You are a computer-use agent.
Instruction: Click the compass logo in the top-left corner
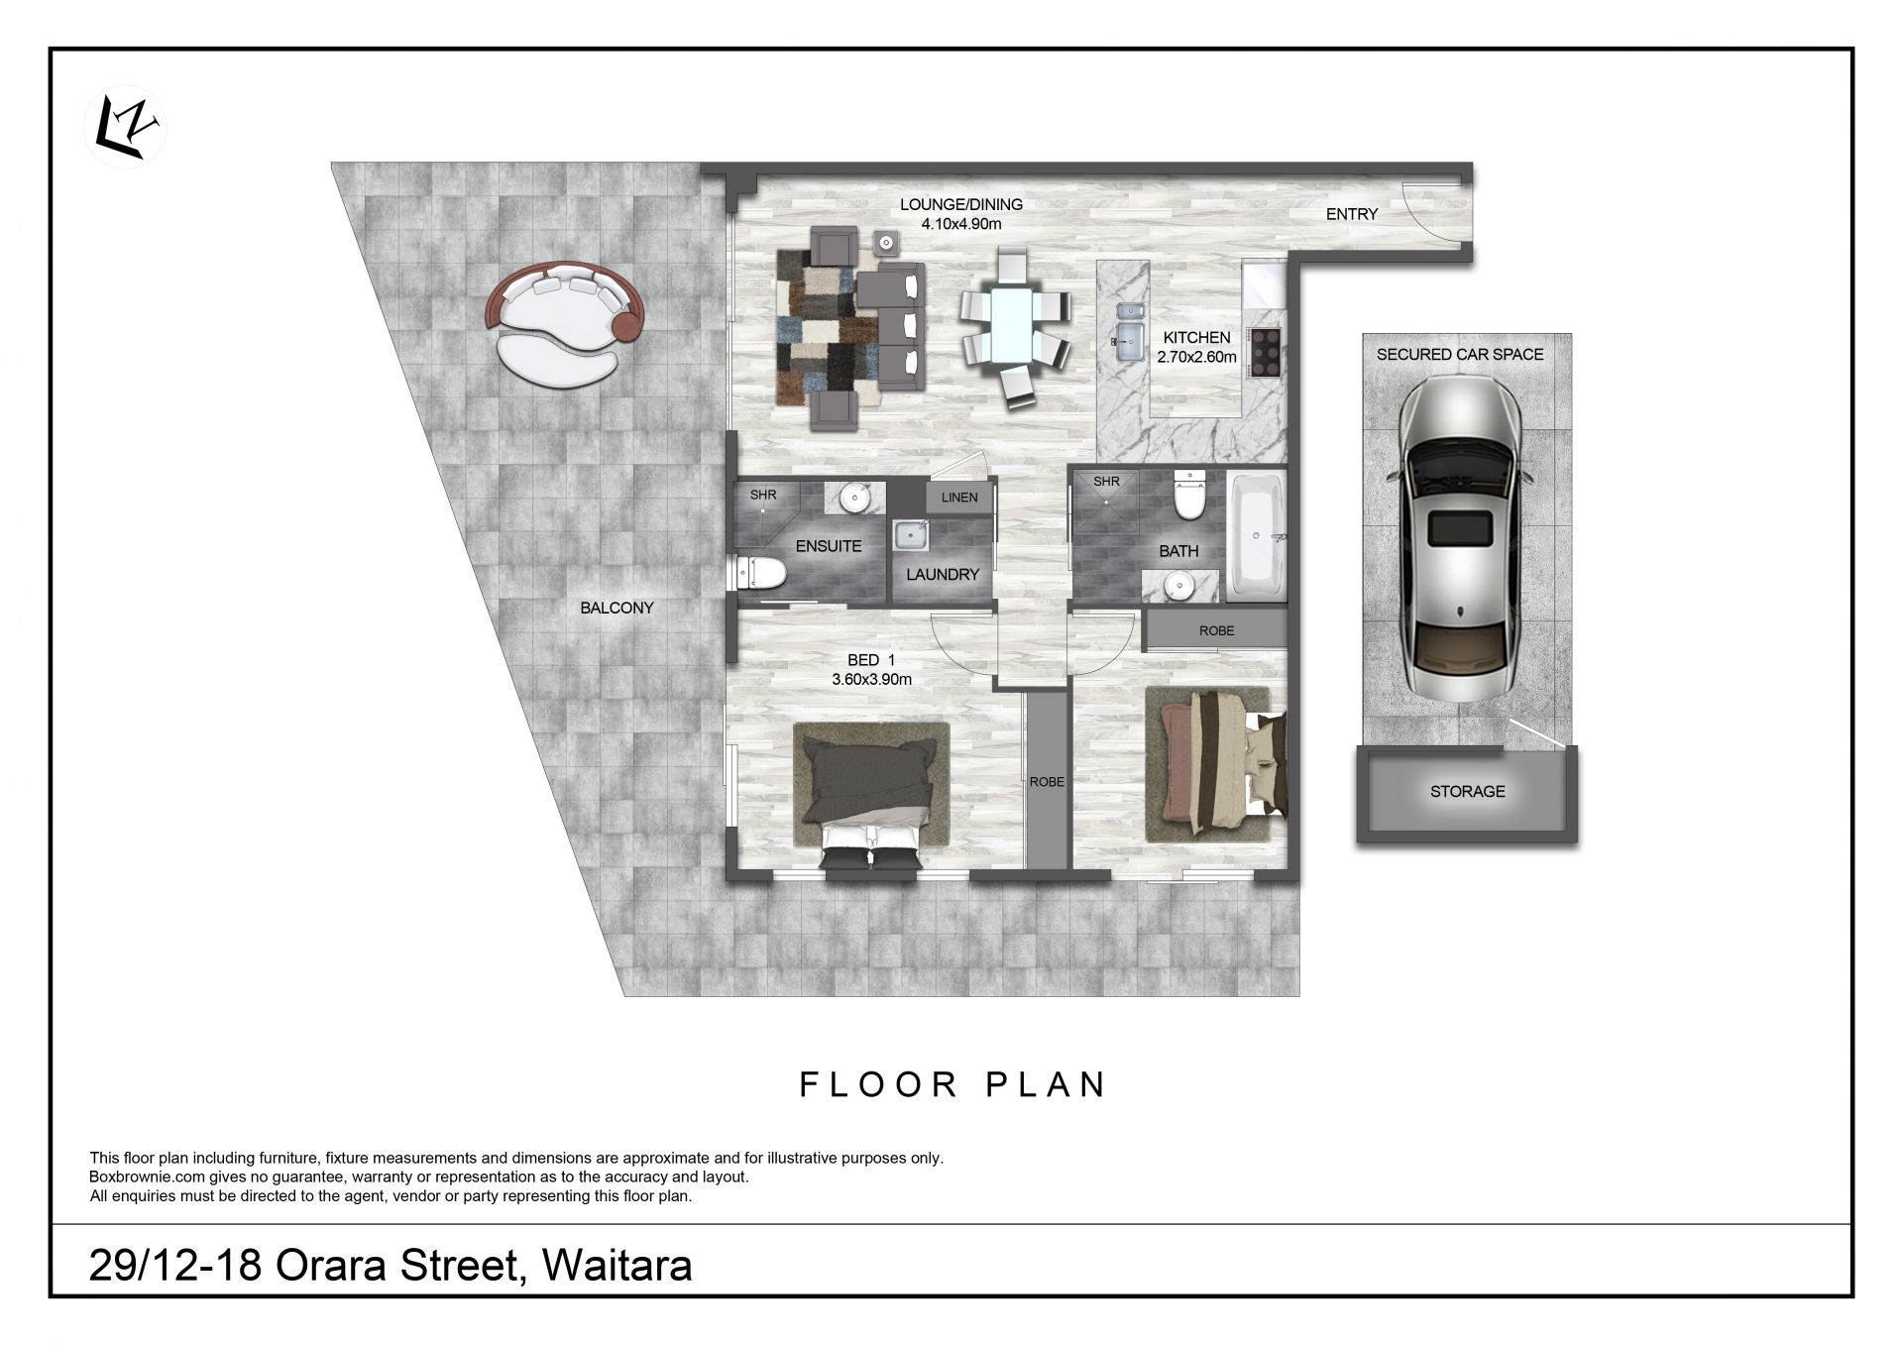point(126,128)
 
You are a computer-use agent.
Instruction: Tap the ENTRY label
point(1352,214)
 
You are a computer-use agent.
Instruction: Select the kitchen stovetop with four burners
point(1266,352)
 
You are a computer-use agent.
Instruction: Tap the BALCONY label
point(616,608)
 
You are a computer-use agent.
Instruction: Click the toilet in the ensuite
point(761,572)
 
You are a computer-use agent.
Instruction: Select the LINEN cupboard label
point(959,498)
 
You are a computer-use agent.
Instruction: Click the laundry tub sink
point(909,536)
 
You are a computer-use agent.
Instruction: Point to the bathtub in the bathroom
point(1256,536)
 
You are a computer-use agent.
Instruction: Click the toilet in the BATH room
point(1187,495)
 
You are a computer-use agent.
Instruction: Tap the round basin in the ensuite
point(854,497)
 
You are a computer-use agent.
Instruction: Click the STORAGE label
point(1467,791)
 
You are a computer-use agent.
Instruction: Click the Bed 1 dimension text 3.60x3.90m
point(871,679)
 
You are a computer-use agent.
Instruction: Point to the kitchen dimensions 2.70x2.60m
point(1196,357)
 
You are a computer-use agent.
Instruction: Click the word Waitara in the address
point(617,1266)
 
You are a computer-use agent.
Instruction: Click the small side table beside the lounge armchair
point(885,243)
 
